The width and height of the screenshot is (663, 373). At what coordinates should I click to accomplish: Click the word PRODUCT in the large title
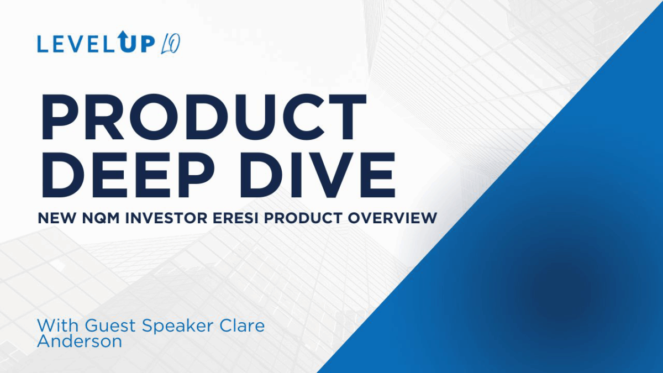[204, 117]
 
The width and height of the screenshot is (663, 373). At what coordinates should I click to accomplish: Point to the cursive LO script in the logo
[171, 44]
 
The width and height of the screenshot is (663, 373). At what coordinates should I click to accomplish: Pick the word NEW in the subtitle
[57, 218]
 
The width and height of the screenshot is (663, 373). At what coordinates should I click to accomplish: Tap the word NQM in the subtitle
[101, 218]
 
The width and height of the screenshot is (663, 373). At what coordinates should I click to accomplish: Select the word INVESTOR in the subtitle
[166, 218]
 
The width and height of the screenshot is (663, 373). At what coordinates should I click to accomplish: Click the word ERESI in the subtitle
[236, 218]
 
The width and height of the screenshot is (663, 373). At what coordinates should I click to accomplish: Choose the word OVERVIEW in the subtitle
[392, 218]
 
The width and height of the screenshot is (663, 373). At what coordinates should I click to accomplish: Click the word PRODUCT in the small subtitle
[303, 218]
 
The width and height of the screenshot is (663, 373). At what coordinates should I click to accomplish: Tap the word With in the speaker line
[57, 325]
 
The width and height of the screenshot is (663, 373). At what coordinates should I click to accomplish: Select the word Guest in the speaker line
[110, 325]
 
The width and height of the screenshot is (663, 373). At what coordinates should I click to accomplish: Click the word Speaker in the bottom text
[177, 325]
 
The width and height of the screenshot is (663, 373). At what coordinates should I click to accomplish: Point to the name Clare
[242, 325]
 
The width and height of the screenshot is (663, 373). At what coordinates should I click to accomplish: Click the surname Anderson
[80, 342]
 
